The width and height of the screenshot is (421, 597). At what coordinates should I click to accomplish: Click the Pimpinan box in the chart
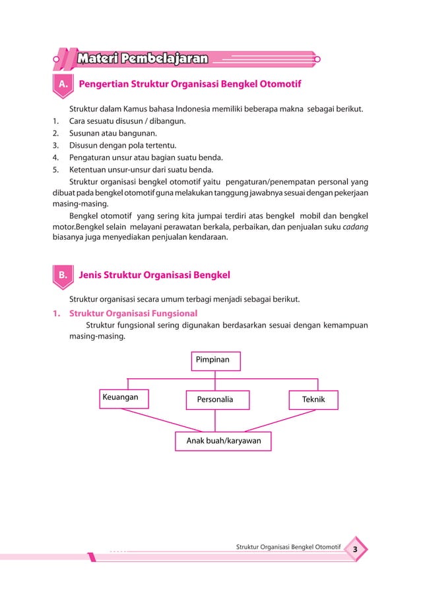[216, 361]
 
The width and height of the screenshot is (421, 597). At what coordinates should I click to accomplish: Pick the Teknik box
[313, 399]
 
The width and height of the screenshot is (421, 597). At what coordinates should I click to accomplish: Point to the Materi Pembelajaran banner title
[143, 59]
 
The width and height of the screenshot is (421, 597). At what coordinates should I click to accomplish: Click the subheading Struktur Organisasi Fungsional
[133, 313]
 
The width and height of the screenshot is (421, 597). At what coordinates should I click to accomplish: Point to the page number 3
[355, 550]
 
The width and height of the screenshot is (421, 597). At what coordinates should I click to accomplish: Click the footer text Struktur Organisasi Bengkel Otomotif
[288, 548]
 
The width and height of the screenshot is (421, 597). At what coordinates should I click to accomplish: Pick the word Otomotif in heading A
[276, 85]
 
